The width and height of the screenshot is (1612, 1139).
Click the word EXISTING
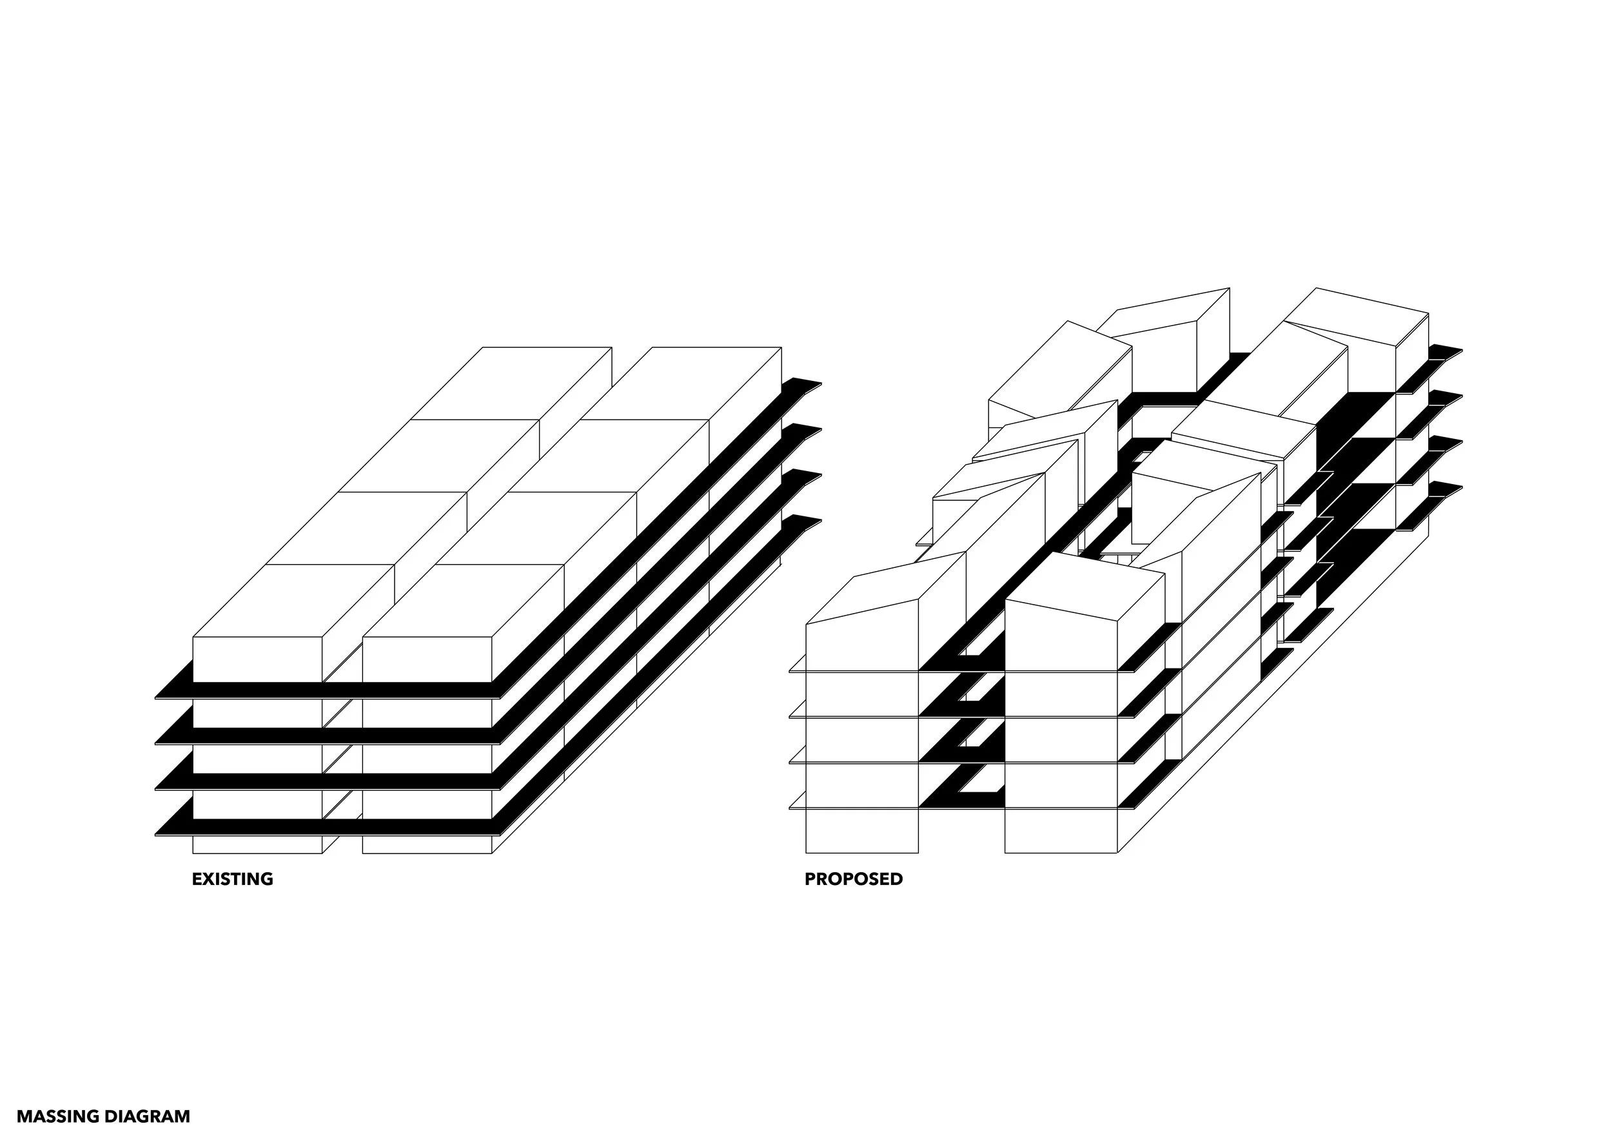232,879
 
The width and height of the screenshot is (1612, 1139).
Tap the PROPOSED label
853,879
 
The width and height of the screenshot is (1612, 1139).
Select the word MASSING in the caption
57,1116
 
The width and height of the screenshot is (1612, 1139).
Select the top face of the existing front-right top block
464,600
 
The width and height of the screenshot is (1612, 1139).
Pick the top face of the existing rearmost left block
511,382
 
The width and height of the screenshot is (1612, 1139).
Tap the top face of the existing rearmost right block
681,382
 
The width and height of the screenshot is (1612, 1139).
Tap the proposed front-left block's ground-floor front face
861,831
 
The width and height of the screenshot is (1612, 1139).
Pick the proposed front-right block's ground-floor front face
1060,831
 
